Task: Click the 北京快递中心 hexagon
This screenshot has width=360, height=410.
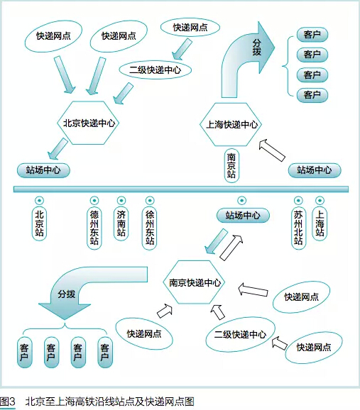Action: pos(88,123)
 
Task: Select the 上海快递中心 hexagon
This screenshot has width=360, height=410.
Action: pos(231,124)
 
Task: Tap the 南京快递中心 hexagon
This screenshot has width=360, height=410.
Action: pos(194,282)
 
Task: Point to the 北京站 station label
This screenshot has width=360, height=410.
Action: pos(39,223)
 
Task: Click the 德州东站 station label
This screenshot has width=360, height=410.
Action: pos(94,228)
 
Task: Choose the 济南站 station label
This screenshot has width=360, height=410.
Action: pos(121,223)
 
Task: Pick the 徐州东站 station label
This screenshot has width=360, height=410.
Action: pos(150,228)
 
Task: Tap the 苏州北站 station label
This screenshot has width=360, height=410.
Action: pos(298,228)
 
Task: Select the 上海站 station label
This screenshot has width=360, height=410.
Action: pos(320,223)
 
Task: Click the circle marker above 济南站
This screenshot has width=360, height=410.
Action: pos(121,201)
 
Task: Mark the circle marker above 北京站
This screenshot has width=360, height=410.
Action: pos(39,201)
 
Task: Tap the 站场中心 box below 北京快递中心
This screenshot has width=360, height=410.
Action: pos(43,170)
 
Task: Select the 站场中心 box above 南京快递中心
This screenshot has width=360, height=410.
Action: pos(243,216)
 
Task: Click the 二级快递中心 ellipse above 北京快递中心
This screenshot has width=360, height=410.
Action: pos(156,70)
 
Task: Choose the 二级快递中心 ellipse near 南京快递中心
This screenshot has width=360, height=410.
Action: pos(240,334)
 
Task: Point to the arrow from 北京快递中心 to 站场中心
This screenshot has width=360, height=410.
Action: pos(58,149)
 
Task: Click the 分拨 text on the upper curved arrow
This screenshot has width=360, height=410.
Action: pos(257,48)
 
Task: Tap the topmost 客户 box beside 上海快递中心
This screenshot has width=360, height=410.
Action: pos(312,35)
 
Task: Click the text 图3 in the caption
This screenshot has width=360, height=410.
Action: pos(7,401)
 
